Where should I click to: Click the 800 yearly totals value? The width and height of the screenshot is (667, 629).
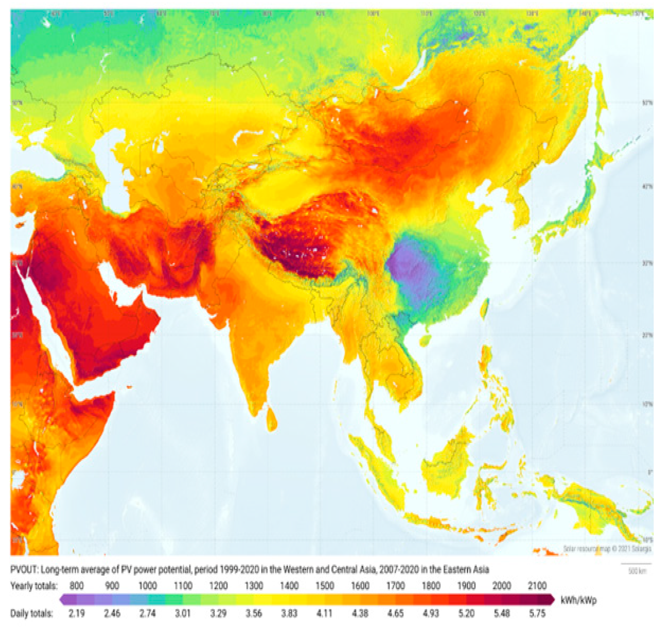tap(77, 586)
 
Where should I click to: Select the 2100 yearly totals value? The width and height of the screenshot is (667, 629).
tap(537, 586)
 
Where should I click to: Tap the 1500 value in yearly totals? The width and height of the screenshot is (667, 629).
tap(324, 586)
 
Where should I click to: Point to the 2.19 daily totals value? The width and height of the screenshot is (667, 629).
tap(77, 614)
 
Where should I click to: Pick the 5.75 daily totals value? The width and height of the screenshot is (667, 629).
tap(537, 614)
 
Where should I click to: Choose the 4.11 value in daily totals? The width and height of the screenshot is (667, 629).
tap(324, 614)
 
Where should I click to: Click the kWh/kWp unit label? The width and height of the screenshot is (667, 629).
tap(579, 600)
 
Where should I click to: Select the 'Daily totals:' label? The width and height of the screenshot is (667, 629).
tap(32, 614)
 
